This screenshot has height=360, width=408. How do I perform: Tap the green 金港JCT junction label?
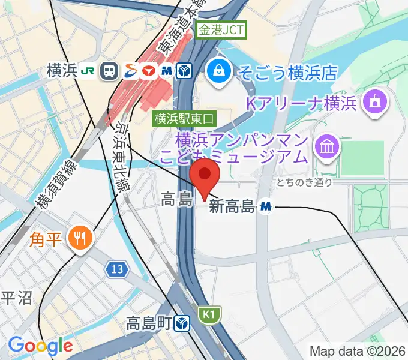pos(223,29)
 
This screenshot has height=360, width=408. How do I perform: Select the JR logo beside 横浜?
pos(88,71)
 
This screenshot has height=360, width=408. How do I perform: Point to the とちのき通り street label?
pos(304,182)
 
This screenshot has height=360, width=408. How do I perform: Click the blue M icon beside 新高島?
pos(266,207)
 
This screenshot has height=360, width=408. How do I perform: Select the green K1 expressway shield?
pos(208,314)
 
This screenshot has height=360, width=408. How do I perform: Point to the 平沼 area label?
pos(16,299)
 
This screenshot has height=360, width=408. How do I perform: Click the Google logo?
pos(40,346)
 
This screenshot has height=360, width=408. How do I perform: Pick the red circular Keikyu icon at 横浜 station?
pos(149,71)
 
